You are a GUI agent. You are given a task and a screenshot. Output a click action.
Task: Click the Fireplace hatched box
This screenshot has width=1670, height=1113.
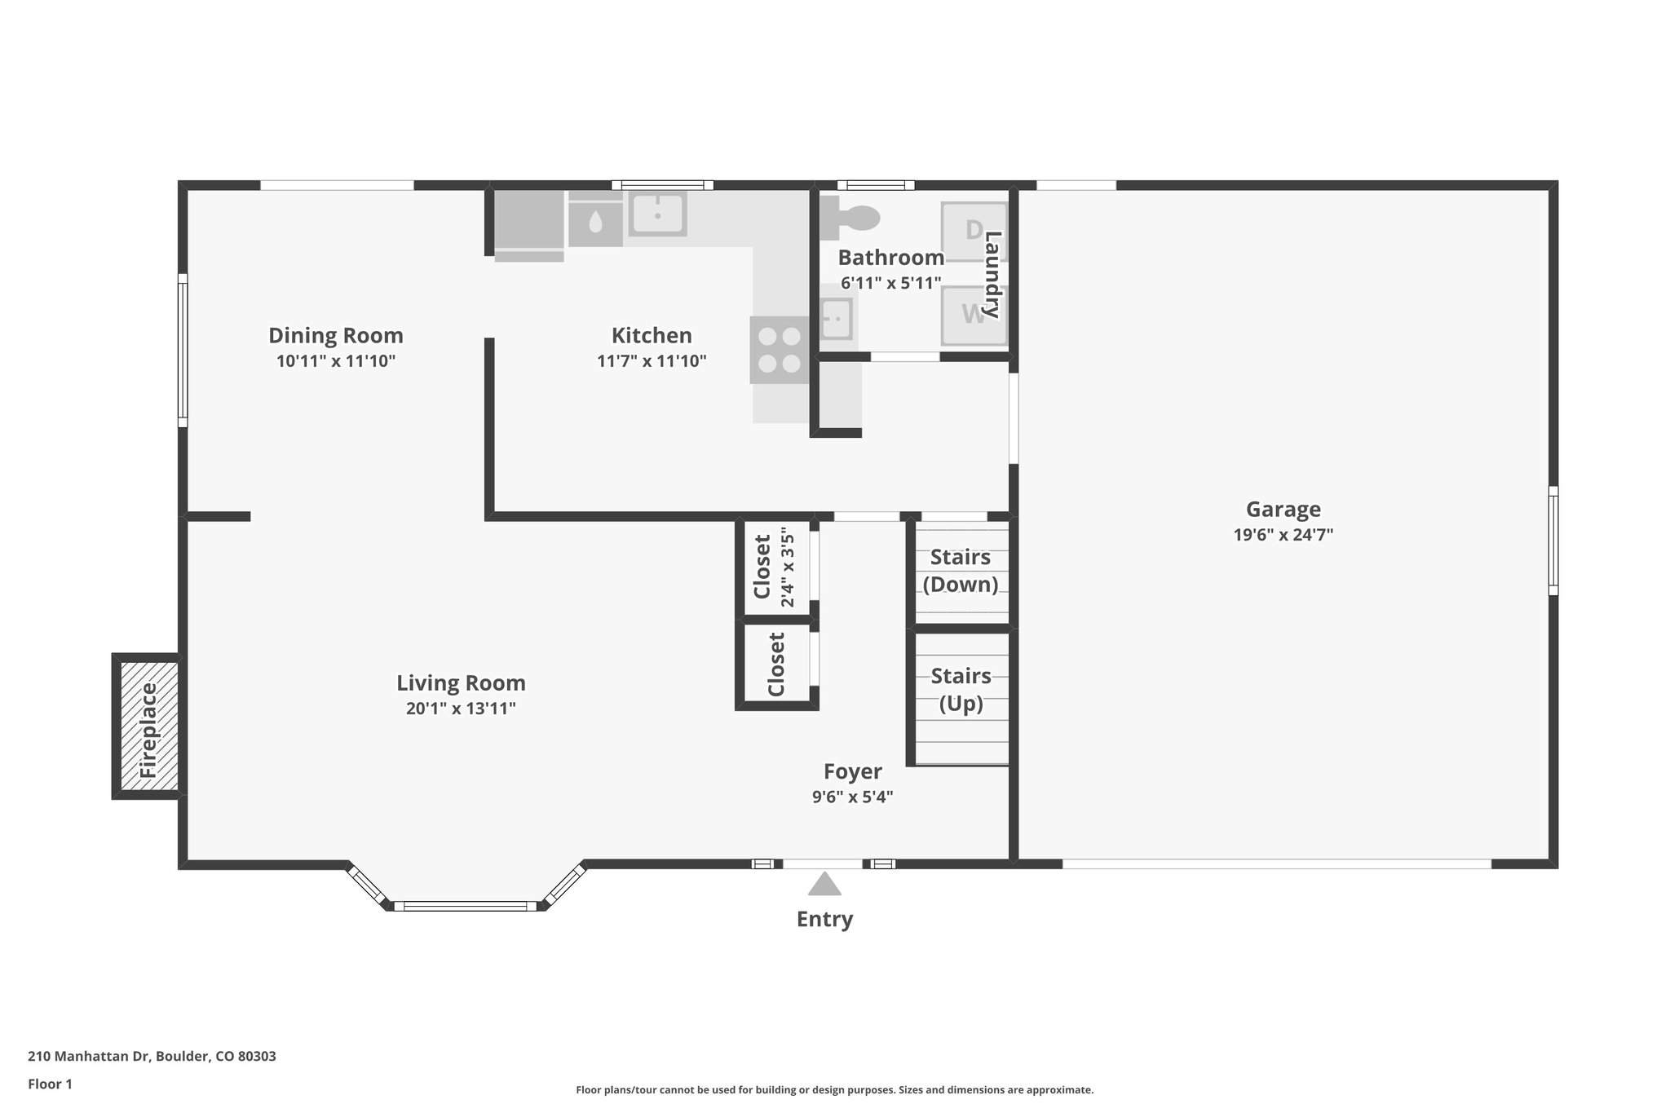tap(149, 726)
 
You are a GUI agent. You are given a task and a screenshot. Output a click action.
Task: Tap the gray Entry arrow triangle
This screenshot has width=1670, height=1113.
tap(824, 885)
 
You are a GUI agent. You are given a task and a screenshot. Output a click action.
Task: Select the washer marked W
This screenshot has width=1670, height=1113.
tap(974, 315)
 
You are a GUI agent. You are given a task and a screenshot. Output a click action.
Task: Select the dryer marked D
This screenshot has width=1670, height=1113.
tap(974, 231)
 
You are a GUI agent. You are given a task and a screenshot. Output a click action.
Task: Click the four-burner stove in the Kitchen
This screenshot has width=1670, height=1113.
tap(780, 349)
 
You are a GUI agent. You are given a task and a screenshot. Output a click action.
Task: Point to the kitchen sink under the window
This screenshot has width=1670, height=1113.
tap(657, 214)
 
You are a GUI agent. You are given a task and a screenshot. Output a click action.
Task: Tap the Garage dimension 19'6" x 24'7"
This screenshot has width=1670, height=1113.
tap(1283, 535)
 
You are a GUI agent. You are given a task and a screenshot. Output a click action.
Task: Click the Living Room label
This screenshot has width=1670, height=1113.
tap(461, 682)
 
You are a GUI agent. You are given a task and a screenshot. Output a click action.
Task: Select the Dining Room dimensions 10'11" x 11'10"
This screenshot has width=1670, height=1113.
tap(335, 361)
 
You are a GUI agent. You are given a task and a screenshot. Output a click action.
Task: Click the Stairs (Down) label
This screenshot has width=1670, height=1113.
tap(961, 570)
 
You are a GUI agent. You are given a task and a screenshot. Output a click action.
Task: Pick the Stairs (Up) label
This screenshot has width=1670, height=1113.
tap(961, 689)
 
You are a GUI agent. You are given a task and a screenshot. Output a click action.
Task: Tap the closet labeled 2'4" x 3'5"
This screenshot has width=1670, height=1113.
tap(775, 567)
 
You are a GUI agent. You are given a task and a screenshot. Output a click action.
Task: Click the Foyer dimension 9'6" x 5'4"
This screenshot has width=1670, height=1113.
tap(852, 797)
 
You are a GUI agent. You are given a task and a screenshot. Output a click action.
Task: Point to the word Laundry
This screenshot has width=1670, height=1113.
tap(992, 275)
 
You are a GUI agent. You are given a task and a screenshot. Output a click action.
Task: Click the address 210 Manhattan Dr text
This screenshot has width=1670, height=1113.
tap(152, 1056)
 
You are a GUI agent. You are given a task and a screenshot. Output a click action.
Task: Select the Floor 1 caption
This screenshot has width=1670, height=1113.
tap(50, 1084)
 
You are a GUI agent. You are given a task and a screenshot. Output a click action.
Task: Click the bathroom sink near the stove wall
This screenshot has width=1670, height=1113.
tap(836, 318)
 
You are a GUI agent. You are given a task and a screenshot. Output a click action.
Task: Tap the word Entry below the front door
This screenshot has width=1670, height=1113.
tap(824, 919)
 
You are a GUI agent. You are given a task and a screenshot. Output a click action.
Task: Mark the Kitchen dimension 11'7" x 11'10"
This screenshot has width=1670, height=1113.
tap(651, 361)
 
